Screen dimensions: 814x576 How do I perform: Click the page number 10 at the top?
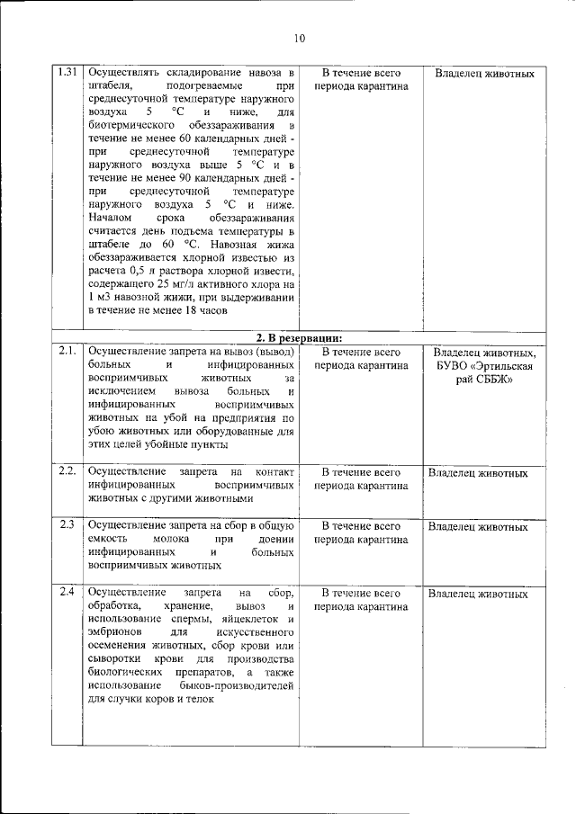point(300,38)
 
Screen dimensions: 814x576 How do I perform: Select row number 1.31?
point(66,72)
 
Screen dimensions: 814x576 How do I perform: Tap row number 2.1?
point(65,352)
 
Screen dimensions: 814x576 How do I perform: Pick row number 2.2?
point(66,470)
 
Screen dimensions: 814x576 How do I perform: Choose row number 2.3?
point(65,524)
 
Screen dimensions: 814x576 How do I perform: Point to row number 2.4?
point(65,592)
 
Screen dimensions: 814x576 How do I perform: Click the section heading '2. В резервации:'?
point(299,337)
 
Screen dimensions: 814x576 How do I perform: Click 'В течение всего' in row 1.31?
point(361,73)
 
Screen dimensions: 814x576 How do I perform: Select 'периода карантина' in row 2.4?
point(361,607)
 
